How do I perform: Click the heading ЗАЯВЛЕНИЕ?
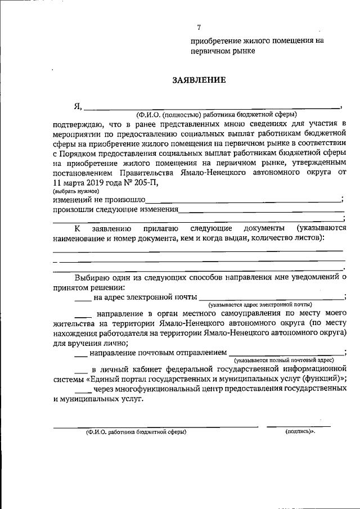coord(199,80)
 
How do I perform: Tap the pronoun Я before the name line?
coord(78,105)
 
